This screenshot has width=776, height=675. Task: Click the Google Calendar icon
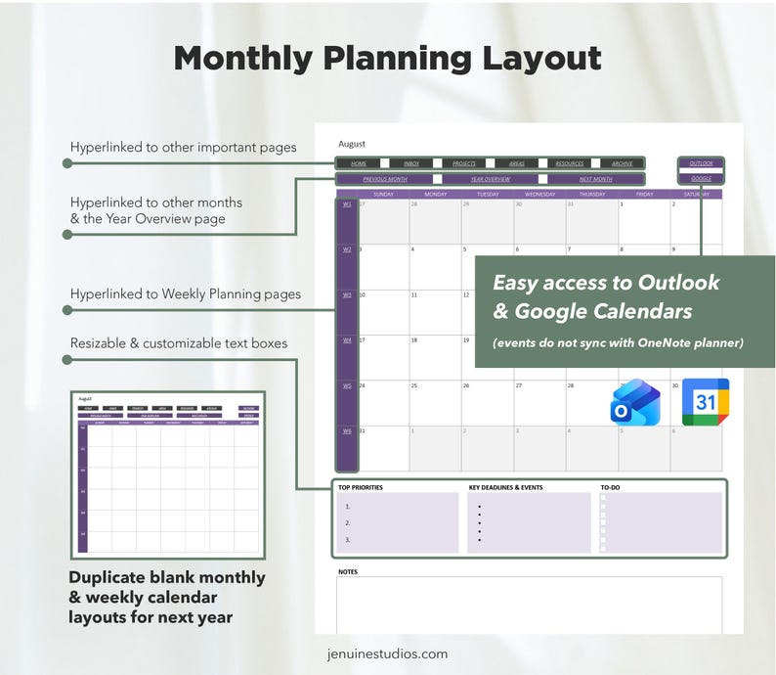pos(705,402)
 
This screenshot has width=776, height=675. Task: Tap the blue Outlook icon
pos(635,402)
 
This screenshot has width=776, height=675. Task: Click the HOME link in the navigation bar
pos(359,163)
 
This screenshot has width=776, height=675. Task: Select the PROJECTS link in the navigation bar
pos(464,163)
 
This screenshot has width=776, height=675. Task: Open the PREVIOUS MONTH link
pos(385,179)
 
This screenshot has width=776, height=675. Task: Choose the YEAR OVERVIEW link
pos(491,179)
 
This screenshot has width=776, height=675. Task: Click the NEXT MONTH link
pos(595,179)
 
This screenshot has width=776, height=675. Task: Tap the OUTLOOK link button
pos(701,163)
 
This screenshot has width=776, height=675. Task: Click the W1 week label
pos(347,204)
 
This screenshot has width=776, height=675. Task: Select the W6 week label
pos(347,430)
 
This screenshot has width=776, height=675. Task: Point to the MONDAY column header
pos(436,194)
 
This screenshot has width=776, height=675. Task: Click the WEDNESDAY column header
pos(539,194)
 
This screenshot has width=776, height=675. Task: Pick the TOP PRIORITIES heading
pos(361,487)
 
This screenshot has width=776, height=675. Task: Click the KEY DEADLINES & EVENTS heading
pos(505,487)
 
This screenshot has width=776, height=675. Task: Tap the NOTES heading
pos(348,571)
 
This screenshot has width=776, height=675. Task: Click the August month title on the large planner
pos(352,144)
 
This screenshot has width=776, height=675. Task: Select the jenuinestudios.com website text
pos(388,653)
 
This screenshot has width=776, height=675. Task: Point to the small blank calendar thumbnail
pos(168,472)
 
